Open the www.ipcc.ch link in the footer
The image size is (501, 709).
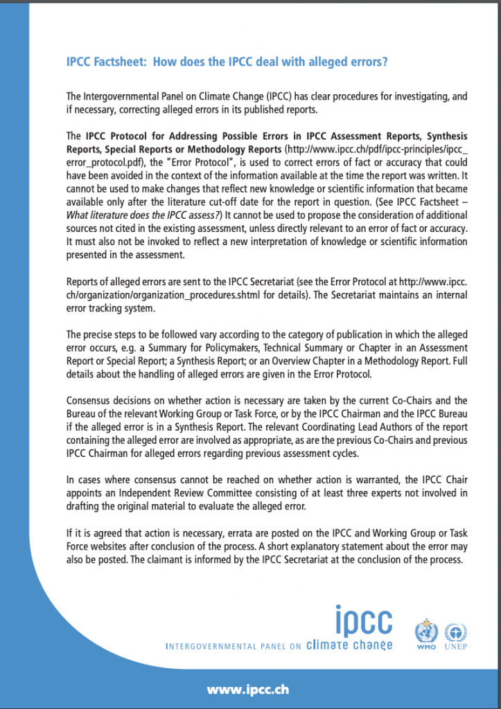(248, 690)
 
